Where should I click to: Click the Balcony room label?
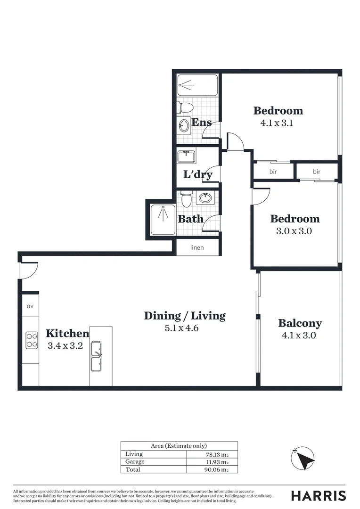pos(300,323)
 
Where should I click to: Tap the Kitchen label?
pos(67,334)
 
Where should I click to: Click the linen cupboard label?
pos(197,247)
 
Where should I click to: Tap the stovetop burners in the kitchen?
pos(32,340)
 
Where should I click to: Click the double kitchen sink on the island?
pos(96,357)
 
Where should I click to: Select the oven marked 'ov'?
pos(30,306)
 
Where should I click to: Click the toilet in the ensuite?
pos(185,107)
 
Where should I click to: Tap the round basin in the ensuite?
pos(184,125)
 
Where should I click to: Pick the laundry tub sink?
pos(187,156)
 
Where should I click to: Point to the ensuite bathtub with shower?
pos(197,85)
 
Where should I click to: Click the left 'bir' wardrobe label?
pos(273,172)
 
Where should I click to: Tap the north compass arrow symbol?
pos(303,458)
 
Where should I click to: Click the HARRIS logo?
pos(318,495)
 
